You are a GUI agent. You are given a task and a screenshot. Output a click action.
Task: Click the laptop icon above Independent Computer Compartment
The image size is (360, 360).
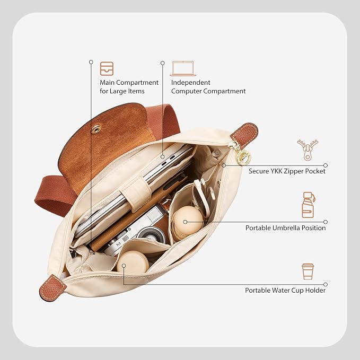coord(183,68)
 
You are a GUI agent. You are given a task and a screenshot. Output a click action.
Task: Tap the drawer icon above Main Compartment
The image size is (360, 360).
coord(107,68)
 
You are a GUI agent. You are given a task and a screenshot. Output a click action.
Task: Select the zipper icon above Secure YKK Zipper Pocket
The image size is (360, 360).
coord(308,150)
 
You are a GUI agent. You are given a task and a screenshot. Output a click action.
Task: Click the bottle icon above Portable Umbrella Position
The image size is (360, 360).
coord(309,205)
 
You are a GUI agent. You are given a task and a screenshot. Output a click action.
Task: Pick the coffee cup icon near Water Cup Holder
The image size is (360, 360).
coord(308,271)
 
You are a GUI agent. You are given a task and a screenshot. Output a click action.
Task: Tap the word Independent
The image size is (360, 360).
coord(190,82)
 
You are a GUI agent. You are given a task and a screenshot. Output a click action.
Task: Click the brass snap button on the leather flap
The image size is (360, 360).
coord(96,128)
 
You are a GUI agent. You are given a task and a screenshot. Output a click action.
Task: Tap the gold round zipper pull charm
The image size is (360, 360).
coord(243,157)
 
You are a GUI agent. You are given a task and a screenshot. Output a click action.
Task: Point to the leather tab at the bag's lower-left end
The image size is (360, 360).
coord(53,287)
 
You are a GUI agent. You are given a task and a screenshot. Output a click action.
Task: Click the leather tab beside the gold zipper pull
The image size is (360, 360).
coord(244,135)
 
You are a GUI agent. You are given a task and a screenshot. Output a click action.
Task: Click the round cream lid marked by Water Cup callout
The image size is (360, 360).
coord(133,262)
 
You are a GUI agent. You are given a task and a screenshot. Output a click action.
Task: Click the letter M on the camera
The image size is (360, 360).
coord(118,244)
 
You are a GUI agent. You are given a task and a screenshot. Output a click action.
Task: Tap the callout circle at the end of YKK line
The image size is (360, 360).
coord(326,165)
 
